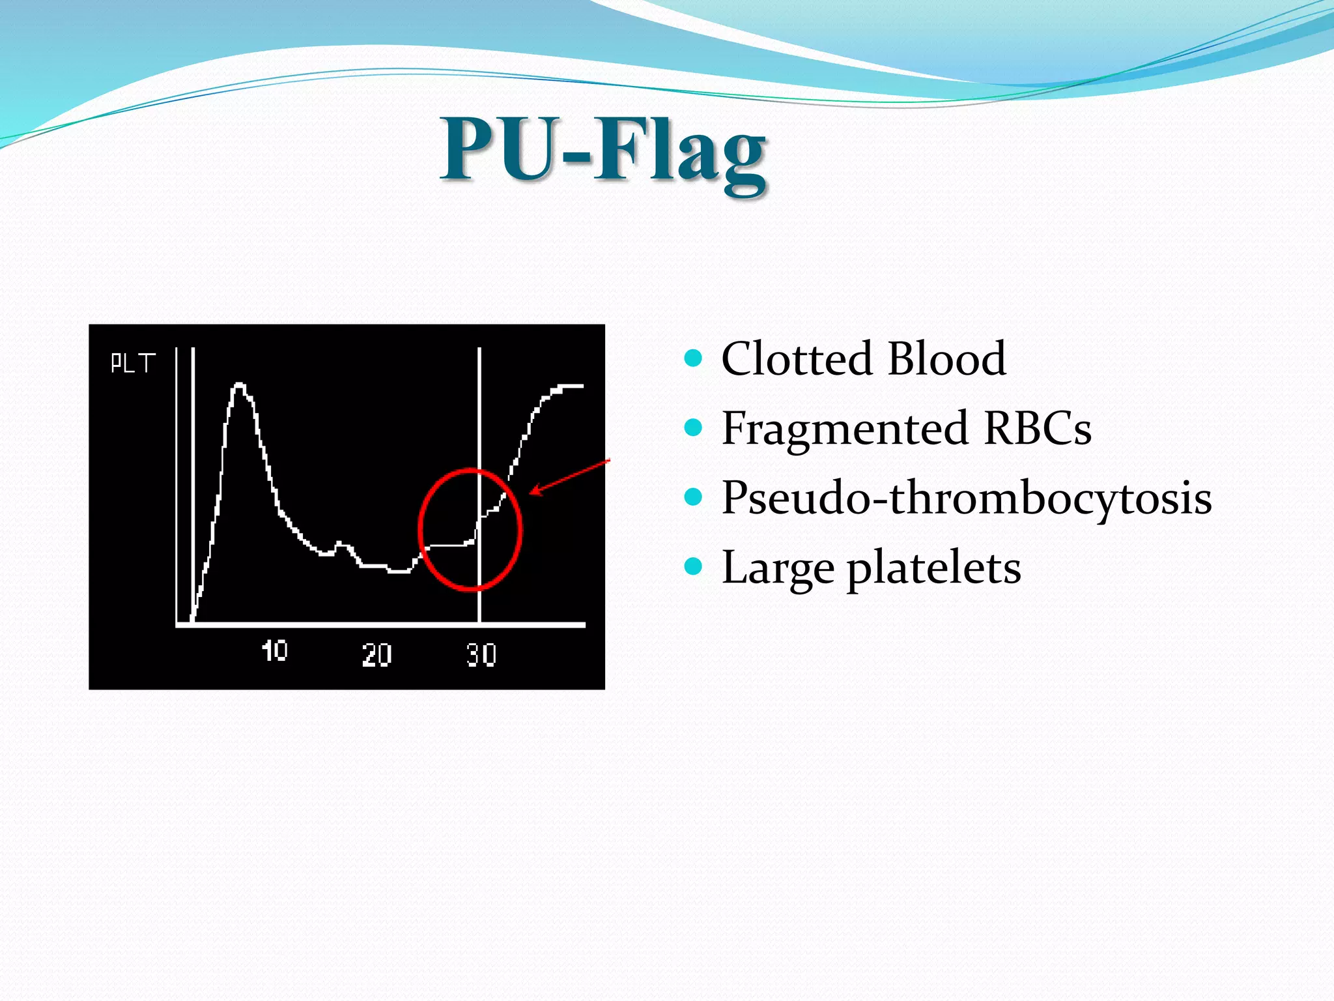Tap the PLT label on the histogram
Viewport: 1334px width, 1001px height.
(133, 363)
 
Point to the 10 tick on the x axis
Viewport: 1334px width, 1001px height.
(274, 650)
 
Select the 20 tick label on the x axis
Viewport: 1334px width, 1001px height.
(376, 654)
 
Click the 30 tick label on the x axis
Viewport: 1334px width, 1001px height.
(481, 654)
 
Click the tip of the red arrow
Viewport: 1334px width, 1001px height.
(532, 493)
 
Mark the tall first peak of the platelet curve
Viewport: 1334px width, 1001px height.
(239, 386)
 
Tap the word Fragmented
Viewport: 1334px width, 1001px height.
(845, 428)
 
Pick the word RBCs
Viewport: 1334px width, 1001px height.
(1037, 428)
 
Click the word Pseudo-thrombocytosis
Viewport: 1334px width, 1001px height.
(967, 498)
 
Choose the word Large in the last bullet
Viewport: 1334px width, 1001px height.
(778, 568)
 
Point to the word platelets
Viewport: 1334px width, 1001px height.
(933, 568)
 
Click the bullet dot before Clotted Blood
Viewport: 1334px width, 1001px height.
(694, 358)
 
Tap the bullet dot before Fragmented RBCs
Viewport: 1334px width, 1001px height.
(694, 428)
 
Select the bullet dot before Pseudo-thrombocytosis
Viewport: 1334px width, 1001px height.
(694, 497)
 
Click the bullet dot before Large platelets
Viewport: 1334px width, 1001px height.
(694, 566)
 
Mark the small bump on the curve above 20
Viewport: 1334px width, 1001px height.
(341, 544)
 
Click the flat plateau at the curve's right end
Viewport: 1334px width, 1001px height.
(568, 386)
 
